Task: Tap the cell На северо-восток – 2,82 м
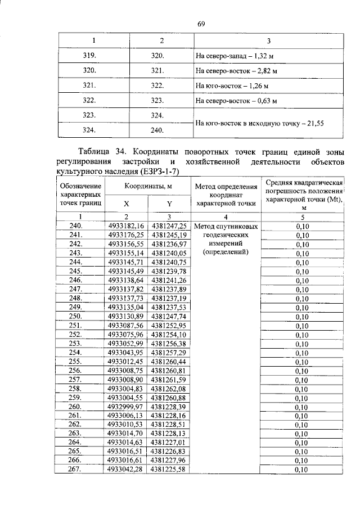[236, 71]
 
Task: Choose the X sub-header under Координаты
[126, 204]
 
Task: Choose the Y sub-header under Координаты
[169, 204]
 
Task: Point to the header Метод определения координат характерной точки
[226, 195]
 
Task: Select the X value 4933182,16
[126, 226]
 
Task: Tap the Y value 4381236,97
[169, 244]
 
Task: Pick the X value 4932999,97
[126, 407]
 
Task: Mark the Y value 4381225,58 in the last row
[169, 470]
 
